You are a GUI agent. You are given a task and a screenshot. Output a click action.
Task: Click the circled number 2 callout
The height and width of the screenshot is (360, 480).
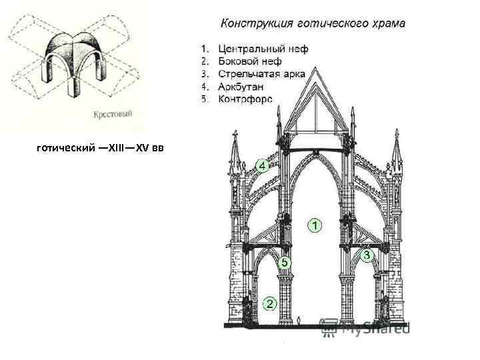tap(269, 303)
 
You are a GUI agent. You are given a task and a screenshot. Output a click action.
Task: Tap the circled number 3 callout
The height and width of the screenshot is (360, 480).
tap(367, 255)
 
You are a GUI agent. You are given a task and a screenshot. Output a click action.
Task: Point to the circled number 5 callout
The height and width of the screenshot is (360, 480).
tap(285, 263)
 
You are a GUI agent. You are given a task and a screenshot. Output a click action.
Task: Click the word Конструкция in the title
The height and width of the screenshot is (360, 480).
tap(255, 24)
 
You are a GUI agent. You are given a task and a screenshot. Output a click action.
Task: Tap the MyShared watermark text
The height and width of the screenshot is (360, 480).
tap(373, 327)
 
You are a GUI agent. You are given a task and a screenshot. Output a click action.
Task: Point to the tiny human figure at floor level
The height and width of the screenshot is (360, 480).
tap(299, 321)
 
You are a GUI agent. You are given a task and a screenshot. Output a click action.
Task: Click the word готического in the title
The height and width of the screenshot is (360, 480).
tap(330, 24)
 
